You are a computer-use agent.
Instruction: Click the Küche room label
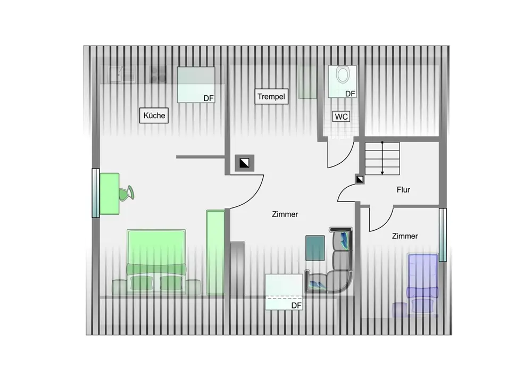tap(154, 115)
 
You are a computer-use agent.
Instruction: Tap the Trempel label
tap(271, 97)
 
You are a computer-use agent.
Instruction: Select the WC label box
tap(341, 116)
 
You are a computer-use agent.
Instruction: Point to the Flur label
tap(403, 189)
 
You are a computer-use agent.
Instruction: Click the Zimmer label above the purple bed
tap(405, 236)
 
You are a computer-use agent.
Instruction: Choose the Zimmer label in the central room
tap(285, 214)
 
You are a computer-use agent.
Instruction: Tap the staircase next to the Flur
tap(383, 158)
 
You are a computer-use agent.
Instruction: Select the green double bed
tap(156, 260)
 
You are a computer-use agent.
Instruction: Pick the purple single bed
tap(422, 282)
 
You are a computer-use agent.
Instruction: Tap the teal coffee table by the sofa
tap(315, 247)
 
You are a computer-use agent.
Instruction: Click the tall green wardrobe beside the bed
tap(215, 252)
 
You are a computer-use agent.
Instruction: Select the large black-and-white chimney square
tap(244, 163)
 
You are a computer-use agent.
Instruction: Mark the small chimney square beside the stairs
tap(360, 180)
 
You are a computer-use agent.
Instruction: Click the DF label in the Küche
tap(209, 98)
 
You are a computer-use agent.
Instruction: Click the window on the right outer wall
tap(442, 235)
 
